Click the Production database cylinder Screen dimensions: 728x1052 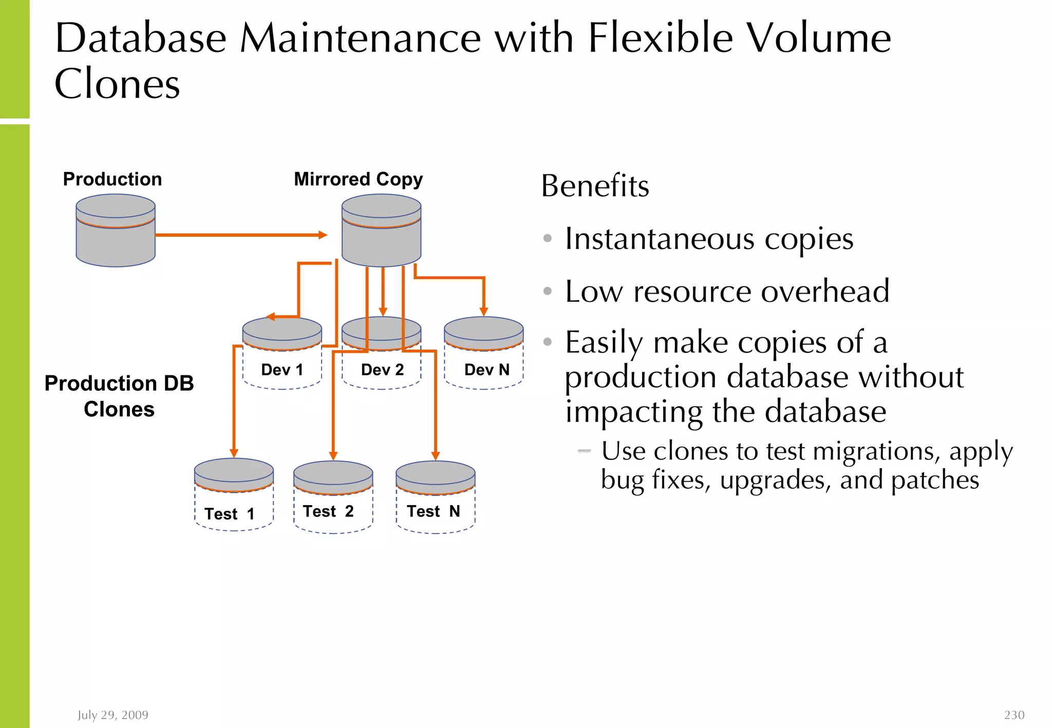point(116,231)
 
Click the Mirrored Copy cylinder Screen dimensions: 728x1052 point(381,231)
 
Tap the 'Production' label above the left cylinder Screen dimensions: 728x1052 point(112,179)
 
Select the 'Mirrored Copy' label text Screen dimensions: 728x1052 point(358,179)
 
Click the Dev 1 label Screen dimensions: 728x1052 point(282,370)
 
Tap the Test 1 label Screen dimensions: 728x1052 point(229,514)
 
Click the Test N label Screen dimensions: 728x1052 point(433,511)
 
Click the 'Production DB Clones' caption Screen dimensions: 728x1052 point(119,396)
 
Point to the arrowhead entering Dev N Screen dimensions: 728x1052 point(483,311)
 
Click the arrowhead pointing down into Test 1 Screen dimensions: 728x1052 point(234,453)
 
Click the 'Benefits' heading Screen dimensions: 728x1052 point(595,186)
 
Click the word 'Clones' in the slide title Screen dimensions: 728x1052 point(117,84)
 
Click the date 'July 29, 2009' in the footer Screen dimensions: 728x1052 point(113,715)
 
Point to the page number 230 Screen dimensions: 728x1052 point(1014,715)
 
